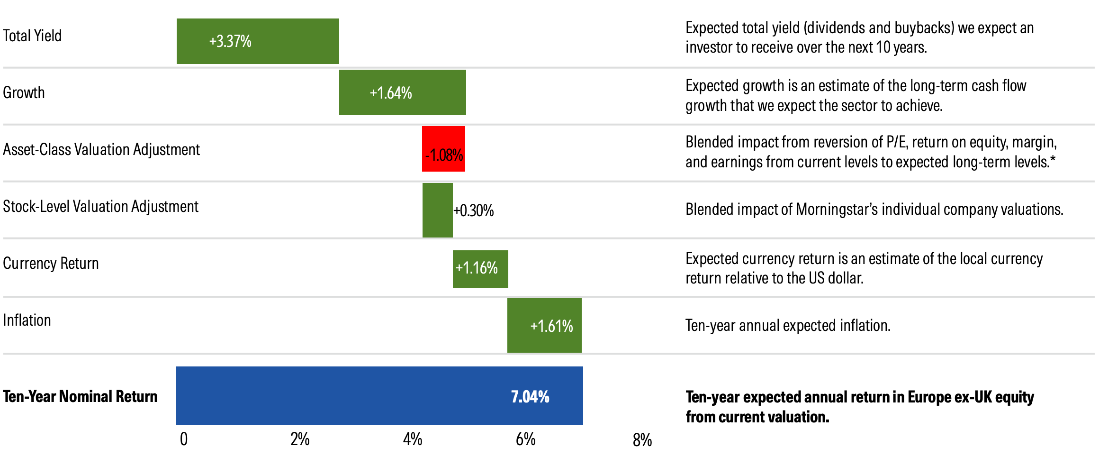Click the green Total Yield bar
(x=258, y=41)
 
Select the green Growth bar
(x=402, y=92)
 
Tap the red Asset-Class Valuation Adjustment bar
(x=443, y=149)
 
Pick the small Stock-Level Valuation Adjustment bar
(x=437, y=210)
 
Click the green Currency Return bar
(x=480, y=269)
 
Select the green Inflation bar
(x=544, y=326)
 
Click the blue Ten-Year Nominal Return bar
(x=379, y=395)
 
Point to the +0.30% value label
(x=474, y=210)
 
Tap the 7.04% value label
(x=530, y=397)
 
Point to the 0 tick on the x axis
(x=184, y=439)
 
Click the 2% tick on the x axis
(x=300, y=439)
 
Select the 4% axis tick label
(x=413, y=439)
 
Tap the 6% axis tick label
(x=525, y=439)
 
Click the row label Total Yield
(x=32, y=36)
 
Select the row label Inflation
(x=27, y=320)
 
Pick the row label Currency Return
(x=51, y=263)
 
